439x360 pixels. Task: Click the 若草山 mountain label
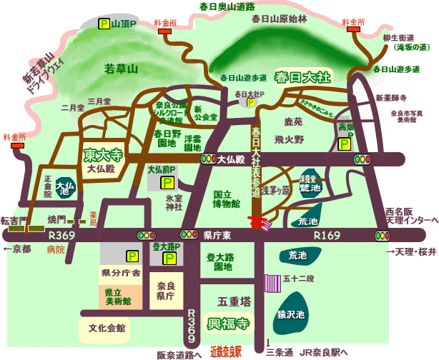(121, 69)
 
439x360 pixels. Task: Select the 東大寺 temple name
(102, 154)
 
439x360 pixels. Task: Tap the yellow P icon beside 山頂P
(104, 24)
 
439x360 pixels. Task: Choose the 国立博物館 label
(227, 198)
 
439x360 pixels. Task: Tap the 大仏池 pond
(64, 188)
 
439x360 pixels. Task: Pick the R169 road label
(329, 234)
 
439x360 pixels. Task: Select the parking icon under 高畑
(343, 144)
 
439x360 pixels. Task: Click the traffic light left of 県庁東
(189, 234)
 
